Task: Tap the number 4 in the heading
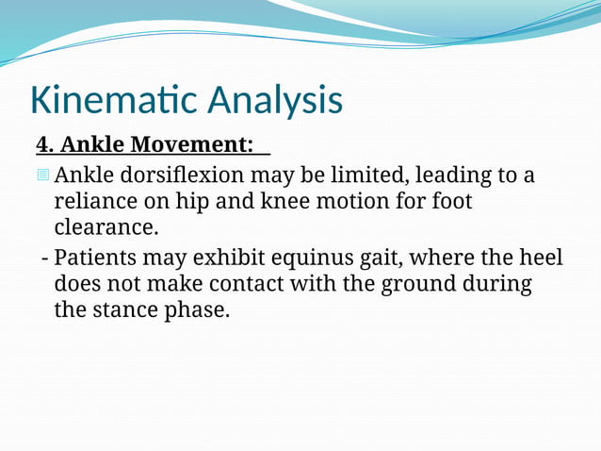43,144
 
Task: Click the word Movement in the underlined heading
193,144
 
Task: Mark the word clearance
106,227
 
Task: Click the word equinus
315,257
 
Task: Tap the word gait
389,257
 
